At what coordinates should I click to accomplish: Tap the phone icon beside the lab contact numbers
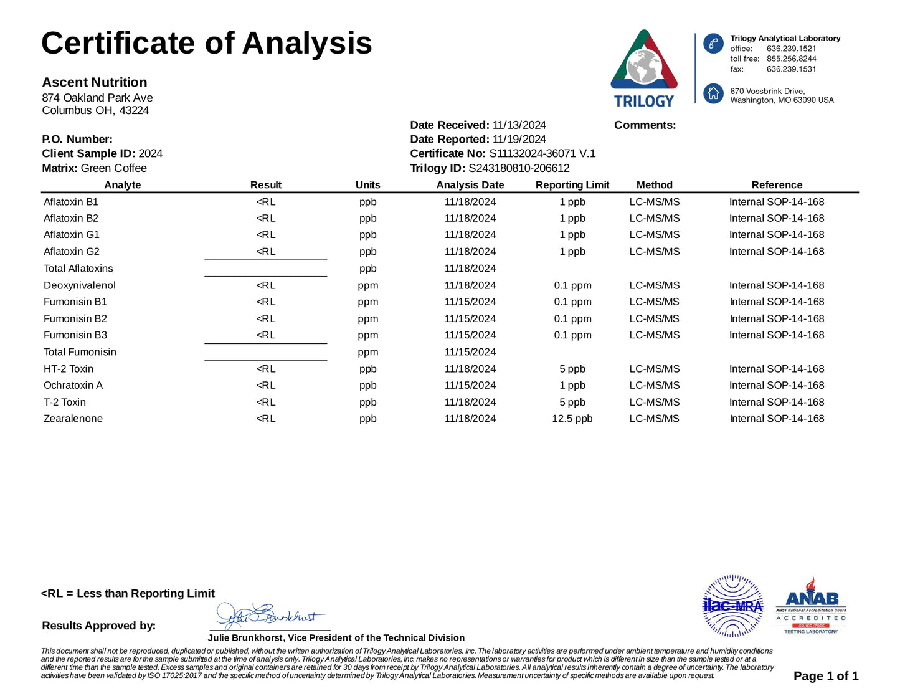coord(713,44)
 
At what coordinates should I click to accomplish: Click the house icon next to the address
coord(713,94)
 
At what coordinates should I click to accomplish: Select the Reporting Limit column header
coord(572,185)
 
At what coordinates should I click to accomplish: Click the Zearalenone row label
coord(73,419)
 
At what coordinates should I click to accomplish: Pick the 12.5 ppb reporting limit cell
coord(572,419)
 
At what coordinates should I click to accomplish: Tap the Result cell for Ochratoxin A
coord(265,386)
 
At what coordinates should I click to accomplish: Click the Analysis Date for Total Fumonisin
coord(470,352)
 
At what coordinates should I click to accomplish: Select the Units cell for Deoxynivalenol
coord(367,285)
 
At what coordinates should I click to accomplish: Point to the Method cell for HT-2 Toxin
coord(654,369)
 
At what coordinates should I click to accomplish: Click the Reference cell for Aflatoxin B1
coord(776,202)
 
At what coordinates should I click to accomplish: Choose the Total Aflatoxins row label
coord(78,269)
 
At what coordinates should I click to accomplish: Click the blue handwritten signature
coord(268,616)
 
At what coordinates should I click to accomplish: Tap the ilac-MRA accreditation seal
coord(732,606)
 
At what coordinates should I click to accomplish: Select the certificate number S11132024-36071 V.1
coord(542,154)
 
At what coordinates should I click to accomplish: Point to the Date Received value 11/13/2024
coord(519,125)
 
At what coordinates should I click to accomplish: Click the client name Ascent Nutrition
coord(95,82)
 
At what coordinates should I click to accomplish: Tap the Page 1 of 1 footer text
coord(825,676)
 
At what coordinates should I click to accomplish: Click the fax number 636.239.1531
coord(791,69)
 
